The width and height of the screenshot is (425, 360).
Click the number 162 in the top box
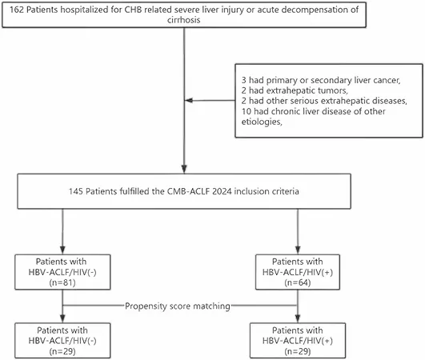[17, 10]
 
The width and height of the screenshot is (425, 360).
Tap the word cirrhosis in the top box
[184, 20]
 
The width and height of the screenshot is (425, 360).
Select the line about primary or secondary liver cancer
[321, 80]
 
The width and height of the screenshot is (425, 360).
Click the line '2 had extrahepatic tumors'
[295, 90]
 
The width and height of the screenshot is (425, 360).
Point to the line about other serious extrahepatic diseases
[324, 101]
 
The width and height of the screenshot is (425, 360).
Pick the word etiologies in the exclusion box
[262, 122]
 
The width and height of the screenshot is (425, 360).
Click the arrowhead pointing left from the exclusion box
[189, 101]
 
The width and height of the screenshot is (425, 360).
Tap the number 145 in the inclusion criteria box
[75, 191]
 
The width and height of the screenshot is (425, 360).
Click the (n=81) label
[62, 282]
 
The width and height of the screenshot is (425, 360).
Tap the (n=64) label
[298, 282]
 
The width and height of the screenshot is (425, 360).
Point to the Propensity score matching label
[178, 306]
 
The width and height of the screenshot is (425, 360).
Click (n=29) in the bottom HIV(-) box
[62, 352]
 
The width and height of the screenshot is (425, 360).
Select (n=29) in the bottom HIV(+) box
[298, 352]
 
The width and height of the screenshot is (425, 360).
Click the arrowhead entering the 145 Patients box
[184, 169]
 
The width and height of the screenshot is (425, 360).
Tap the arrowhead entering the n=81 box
[62, 250]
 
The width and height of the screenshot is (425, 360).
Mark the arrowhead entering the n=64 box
[298, 250]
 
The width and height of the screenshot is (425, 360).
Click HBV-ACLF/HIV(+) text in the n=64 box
[298, 272]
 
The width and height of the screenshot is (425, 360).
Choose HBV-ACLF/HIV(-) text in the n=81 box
[62, 272]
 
